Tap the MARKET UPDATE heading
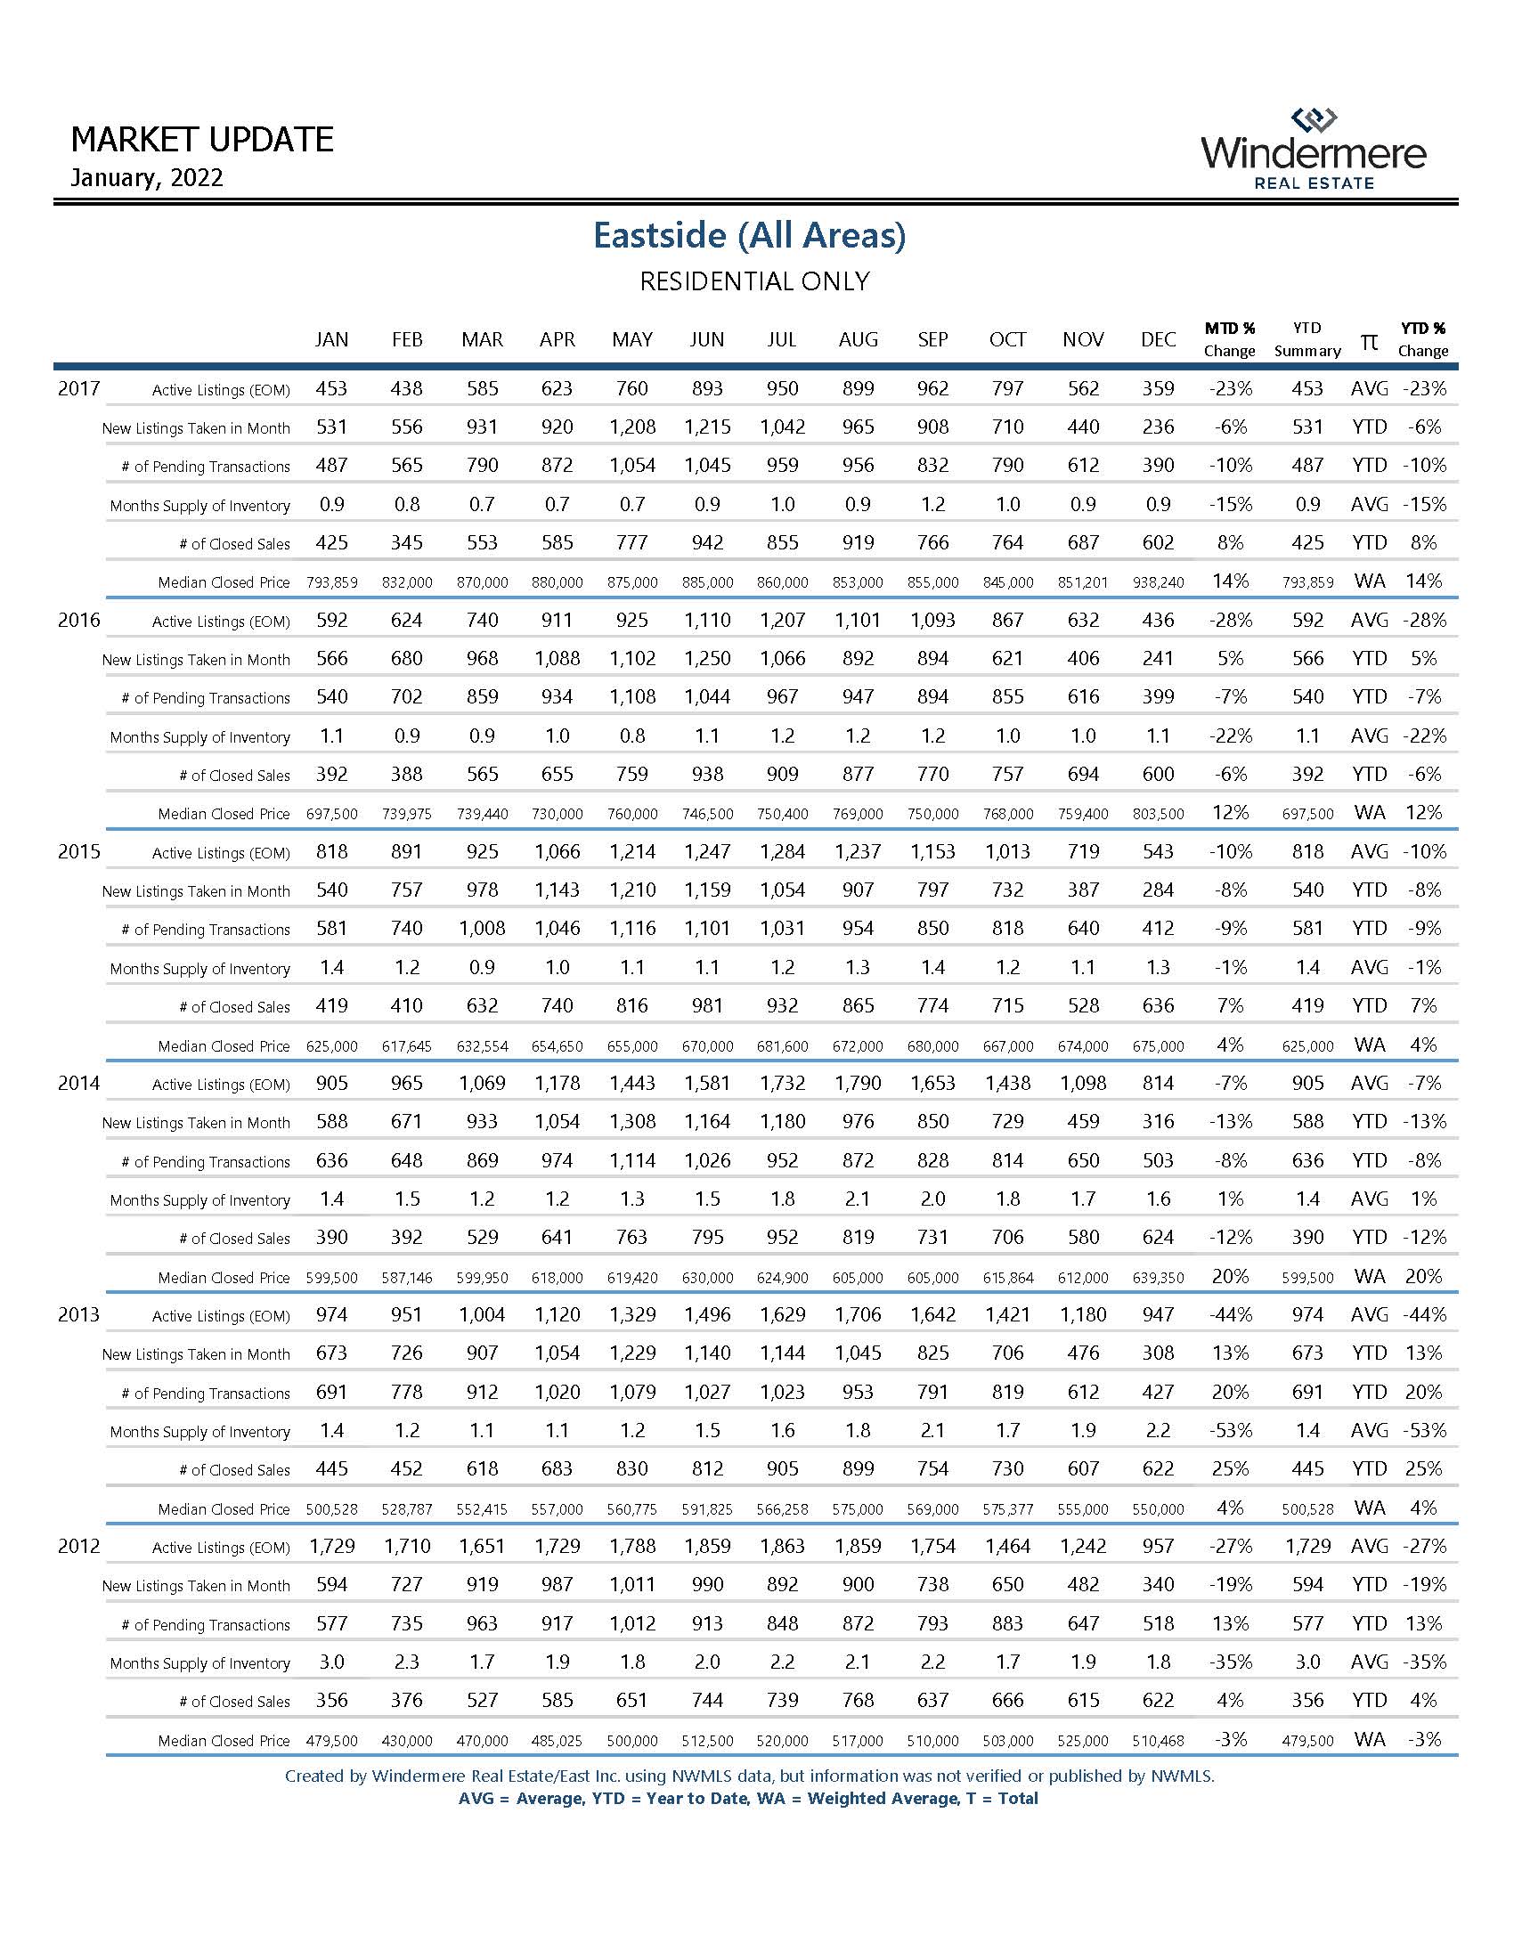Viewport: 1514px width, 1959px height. tap(202, 140)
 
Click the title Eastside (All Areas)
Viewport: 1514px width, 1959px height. tap(749, 235)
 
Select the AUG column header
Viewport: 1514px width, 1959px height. tap(858, 340)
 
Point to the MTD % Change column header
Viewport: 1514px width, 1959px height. tap(1229, 339)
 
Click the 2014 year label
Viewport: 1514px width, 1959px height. tap(79, 1084)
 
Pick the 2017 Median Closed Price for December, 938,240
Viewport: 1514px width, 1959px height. tap(1158, 582)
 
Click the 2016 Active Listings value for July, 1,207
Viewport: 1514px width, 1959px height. tap(782, 620)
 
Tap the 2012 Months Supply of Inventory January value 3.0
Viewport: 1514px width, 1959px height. tap(332, 1662)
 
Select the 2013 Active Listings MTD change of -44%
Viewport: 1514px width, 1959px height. tap(1230, 1315)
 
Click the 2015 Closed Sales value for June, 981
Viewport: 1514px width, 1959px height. tap(707, 1005)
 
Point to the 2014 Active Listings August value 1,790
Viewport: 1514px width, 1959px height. tap(858, 1084)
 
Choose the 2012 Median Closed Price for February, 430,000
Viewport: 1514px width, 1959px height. tap(407, 1741)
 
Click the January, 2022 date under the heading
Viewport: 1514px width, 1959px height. tap(147, 177)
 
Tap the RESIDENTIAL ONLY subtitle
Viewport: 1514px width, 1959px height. tap(754, 281)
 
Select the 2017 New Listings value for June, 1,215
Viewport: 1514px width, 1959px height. tap(707, 427)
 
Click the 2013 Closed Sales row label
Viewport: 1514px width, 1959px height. tap(234, 1470)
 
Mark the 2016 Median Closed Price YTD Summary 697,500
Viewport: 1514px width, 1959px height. tap(1306, 814)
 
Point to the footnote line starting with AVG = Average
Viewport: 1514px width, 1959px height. tap(748, 1799)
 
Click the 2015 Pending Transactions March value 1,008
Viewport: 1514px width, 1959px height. tap(483, 929)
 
